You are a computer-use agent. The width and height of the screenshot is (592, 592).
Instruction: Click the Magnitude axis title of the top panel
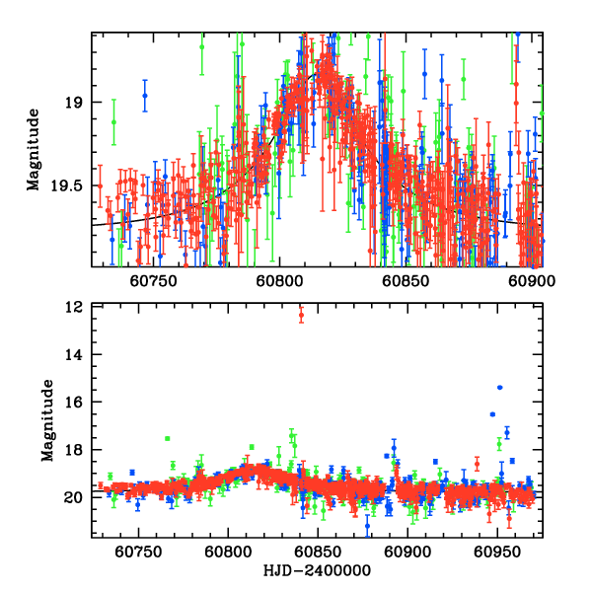point(34,149)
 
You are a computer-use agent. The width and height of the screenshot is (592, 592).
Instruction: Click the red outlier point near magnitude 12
point(301,315)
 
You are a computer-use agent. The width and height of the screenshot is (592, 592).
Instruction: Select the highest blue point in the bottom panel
point(500,388)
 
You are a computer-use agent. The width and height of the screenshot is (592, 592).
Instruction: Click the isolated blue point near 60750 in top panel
point(145,96)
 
